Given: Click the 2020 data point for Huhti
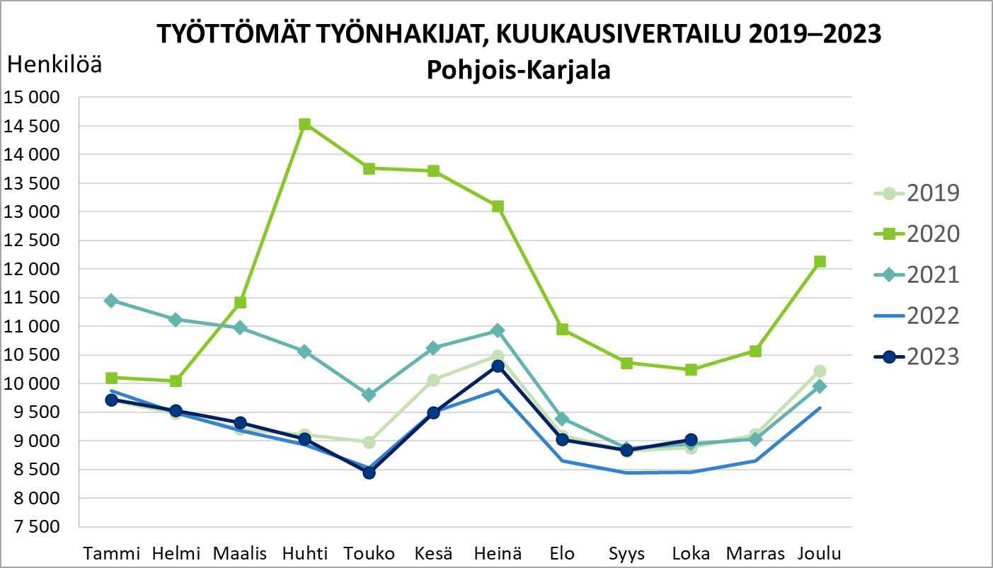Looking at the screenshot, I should pos(305,124).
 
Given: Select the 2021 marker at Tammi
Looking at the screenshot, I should pos(111,301).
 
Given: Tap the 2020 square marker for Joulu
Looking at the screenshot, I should pos(820,262).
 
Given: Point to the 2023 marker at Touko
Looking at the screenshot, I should pos(369,473).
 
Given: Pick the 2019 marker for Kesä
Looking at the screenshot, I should pos(434,381).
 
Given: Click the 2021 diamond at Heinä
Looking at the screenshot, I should pos(498,330).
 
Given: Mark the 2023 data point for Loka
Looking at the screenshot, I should pos(691,440).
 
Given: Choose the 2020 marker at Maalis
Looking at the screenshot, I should pos(240,303).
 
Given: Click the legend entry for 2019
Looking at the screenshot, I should pos(917,192).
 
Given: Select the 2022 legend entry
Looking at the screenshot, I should pos(917,315).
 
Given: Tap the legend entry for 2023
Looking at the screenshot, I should pos(917,357).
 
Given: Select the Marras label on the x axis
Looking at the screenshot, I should pos(755,553).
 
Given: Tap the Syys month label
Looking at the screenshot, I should pos(626,553).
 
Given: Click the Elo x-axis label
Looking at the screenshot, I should pos(562,553).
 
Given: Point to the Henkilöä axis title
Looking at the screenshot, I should pos(54,65).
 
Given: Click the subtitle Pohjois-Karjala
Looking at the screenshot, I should pos(518,70).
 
